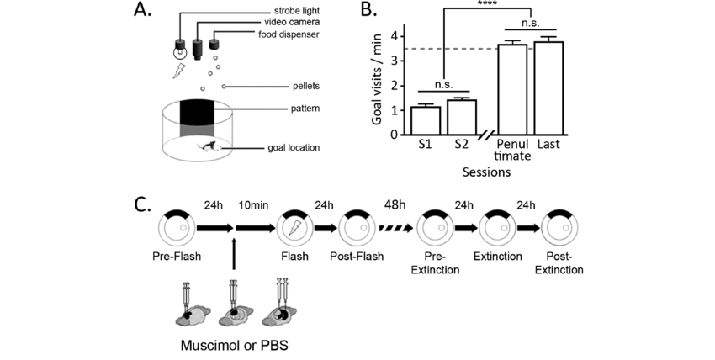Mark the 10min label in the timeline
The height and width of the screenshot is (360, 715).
252,205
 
